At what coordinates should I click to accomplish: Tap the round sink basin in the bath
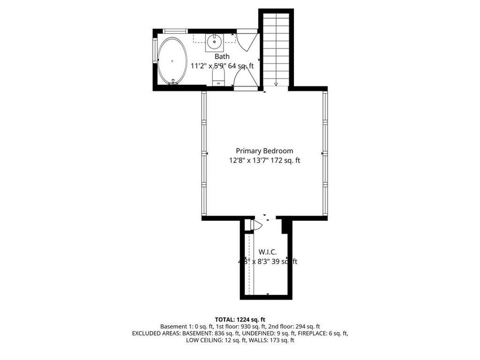coord(215,41)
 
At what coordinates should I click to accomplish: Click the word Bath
coord(222,57)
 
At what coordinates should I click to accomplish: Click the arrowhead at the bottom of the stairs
coord(276,83)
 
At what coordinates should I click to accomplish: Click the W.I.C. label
coord(267,252)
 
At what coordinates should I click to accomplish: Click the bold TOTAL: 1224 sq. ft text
coord(240,318)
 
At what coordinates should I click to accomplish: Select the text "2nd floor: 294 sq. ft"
coord(294,326)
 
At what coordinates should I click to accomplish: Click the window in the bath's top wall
coord(175,30)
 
